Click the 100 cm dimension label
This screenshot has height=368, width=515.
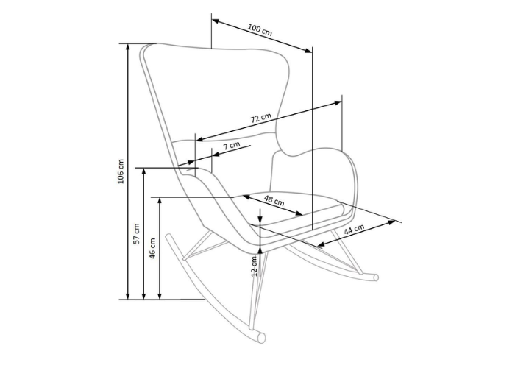click(x=260, y=30)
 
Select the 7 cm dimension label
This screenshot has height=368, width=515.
click(x=232, y=146)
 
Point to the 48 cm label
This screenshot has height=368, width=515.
click(x=274, y=200)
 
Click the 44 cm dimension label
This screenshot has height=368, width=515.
click(x=354, y=230)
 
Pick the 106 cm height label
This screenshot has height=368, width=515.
click(x=121, y=171)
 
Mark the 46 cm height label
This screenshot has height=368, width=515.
click(x=152, y=249)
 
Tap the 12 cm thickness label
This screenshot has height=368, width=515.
click(x=254, y=266)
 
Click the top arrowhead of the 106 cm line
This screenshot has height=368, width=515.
click(x=128, y=46)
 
